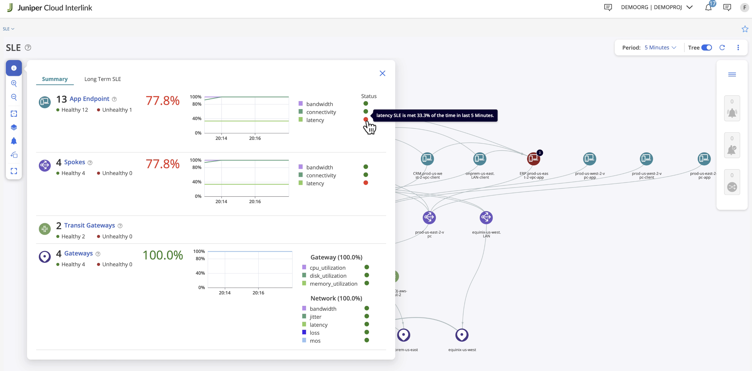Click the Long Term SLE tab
point(102,79)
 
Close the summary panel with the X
point(382,73)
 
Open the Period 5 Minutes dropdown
point(660,48)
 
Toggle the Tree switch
point(707,48)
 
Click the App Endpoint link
point(89,99)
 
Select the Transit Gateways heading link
point(89,225)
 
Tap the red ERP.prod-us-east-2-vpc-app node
point(533,159)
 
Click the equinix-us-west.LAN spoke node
point(486,217)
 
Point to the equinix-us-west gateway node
point(462,335)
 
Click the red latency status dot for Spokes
point(366,183)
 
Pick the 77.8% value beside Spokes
point(163,164)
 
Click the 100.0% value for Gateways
point(163,255)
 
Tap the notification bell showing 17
point(709,7)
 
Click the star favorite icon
point(745,29)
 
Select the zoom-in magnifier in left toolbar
point(14,84)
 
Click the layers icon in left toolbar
point(14,127)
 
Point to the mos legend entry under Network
point(315,341)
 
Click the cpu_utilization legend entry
point(327,268)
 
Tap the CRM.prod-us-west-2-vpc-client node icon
point(427,159)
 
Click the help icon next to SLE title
point(28,48)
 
